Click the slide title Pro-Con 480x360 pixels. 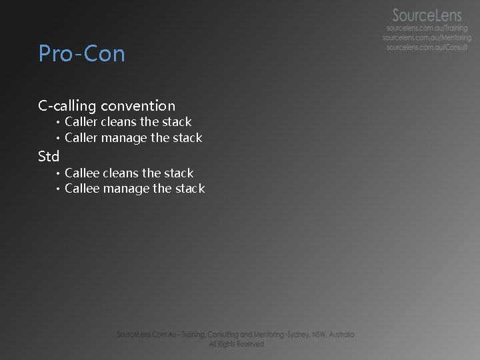click(x=81, y=53)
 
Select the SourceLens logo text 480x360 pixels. click(x=427, y=15)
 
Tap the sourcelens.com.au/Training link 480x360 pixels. click(x=427, y=29)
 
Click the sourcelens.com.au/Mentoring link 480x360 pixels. click(x=427, y=38)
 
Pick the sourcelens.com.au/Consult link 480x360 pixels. click(x=427, y=47)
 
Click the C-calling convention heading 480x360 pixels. click(x=107, y=105)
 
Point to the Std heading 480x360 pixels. click(x=49, y=156)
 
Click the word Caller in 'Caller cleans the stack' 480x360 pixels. click(x=81, y=122)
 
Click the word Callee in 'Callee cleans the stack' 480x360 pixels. click(x=82, y=173)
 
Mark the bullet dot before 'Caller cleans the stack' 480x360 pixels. click(x=58, y=123)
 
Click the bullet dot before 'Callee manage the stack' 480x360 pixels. click(x=58, y=189)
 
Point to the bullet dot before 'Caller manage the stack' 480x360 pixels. click(x=58, y=139)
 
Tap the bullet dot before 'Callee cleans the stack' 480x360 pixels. click(x=58, y=173)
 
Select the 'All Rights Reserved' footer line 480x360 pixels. click(x=236, y=344)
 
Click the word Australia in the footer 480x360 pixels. click(x=339, y=335)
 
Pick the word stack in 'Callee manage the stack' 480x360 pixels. click(x=190, y=189)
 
